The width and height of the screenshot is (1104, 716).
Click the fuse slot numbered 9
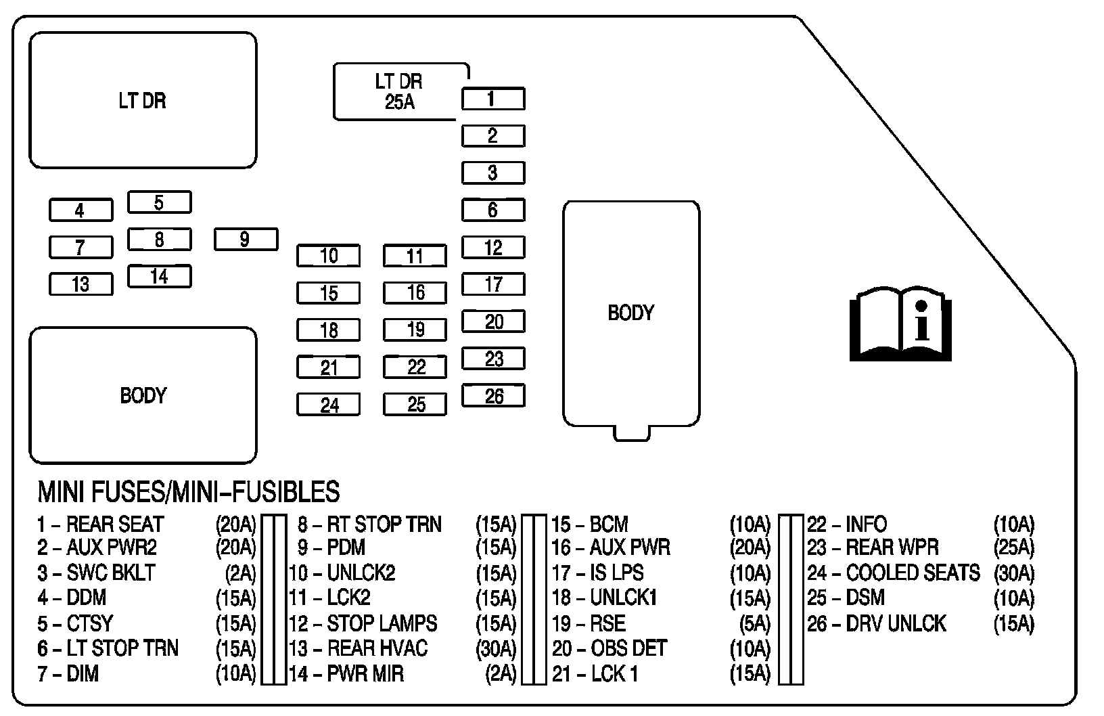click(246, 240)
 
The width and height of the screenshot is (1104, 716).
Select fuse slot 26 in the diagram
click(493, 396)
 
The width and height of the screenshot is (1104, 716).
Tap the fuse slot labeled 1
click(493, 99)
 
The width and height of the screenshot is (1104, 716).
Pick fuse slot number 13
click(80, 284)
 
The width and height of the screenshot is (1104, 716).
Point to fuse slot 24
click(328, 405)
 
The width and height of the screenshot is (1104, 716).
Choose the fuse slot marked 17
click(493, 284)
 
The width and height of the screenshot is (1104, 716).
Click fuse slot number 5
click(159, 202)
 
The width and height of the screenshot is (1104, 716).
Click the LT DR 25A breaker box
click(399, 91)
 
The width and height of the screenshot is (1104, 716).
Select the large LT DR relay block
click(143, 100)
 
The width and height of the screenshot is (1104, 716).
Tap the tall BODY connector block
click(631, 313)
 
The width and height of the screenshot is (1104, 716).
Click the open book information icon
click(900, 323)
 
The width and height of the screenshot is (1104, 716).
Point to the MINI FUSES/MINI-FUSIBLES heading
click(188, 492)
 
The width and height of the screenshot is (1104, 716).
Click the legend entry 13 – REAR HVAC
click(359, 648)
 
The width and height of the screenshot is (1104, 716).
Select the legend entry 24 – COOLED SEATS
click(893, 573)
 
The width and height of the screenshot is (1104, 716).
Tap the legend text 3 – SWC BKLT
click(96, 573)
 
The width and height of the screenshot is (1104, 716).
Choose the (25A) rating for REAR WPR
click(1013, 547)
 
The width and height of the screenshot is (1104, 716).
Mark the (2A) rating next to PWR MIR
click(501, 674)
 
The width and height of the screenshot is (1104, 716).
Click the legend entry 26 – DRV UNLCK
click(876, 623)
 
